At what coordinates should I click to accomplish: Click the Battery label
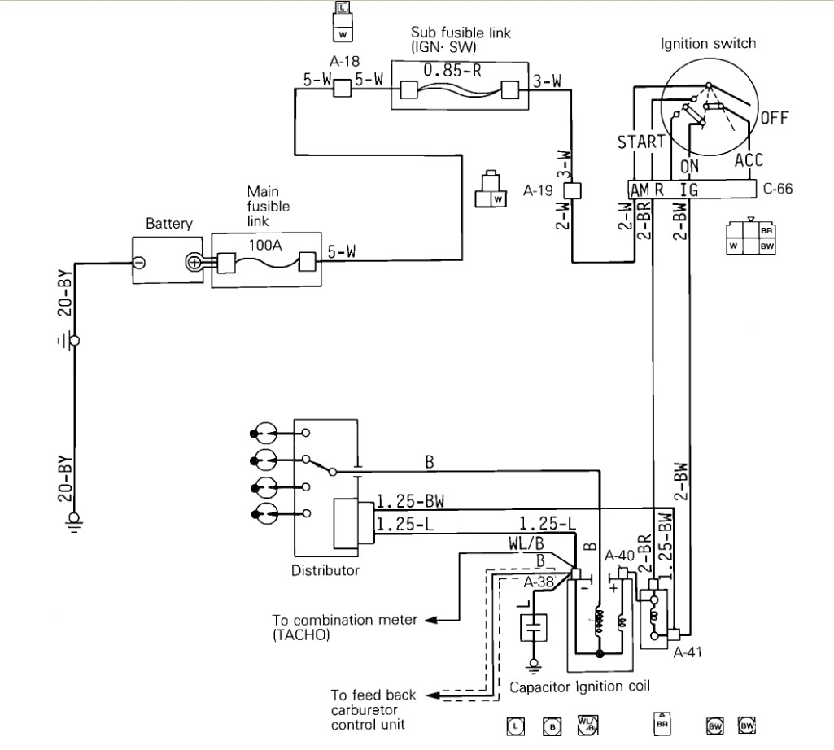(168, 223)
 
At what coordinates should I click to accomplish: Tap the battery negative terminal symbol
(139, 262)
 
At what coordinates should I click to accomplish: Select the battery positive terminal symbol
(194, 262)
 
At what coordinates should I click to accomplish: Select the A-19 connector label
(539, 191)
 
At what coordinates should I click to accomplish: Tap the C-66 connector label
(778, 190)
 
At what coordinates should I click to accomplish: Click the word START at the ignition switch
(641, 143)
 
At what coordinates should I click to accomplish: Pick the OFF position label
(774, 118)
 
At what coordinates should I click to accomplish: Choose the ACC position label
(749, 159)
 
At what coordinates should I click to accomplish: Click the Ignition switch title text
(708, 43)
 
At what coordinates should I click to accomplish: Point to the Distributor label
(325, 570)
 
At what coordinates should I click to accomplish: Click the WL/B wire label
(522, 542)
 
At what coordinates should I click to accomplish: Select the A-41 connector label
(688, 652)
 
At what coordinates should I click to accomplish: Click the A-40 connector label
(620, 556)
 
